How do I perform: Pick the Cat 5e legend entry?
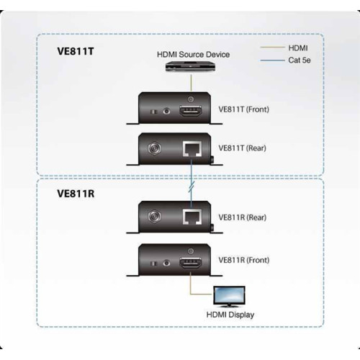tap(300, 62)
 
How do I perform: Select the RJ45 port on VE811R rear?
tap(191, 216)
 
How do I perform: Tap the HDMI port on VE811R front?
tap(190, 258)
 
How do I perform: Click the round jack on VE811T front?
tap(168, 112)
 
